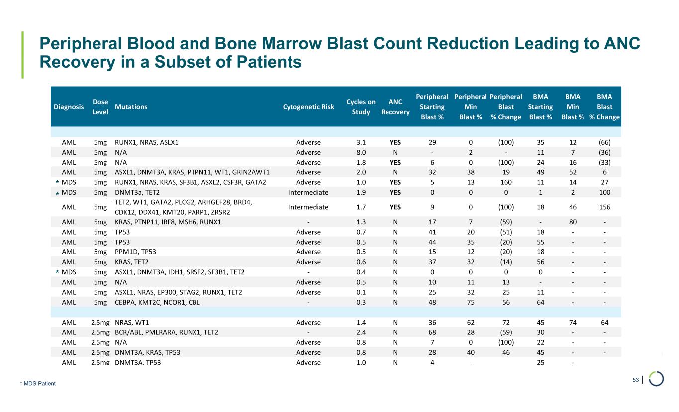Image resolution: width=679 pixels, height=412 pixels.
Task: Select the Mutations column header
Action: click(x=131, y=107)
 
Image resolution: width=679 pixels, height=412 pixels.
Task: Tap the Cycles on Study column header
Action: click(x=361, y=107)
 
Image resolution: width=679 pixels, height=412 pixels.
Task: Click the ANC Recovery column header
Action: click(x=395, y=107)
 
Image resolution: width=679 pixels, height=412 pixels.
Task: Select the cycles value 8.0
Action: click(x=361, y=152)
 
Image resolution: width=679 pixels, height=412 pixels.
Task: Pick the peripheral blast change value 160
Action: click(x=506, y=182)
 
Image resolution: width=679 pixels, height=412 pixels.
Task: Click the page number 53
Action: click(x=635, y=380)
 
